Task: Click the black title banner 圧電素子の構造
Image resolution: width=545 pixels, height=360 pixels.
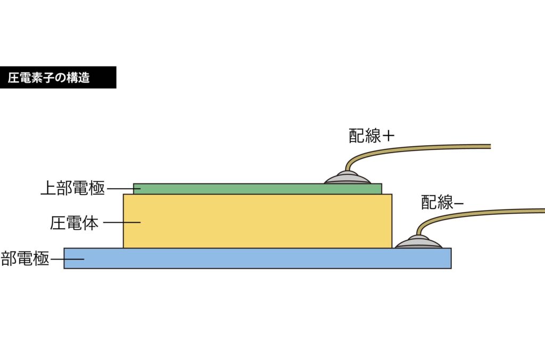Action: click(x=57, y=78)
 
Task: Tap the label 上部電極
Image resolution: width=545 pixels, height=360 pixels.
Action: click(x=73, y=188)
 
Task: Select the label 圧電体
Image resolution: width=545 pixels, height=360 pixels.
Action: click(x=75, y=222)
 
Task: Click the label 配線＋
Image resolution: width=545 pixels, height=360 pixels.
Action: click(x=371, y=136)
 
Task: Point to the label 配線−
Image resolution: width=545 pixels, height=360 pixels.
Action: click(x=442, y=203)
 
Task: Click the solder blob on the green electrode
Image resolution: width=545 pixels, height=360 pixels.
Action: click(x=348, y=178)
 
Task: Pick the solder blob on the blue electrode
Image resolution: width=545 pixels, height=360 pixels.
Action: click(x=418, y=242)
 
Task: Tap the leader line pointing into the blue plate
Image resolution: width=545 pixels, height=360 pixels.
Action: click(x=67, y=259)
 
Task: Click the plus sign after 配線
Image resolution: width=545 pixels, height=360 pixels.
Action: click(x=389, y=136)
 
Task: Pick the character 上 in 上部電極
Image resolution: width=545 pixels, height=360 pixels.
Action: click(x=48, y=188)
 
